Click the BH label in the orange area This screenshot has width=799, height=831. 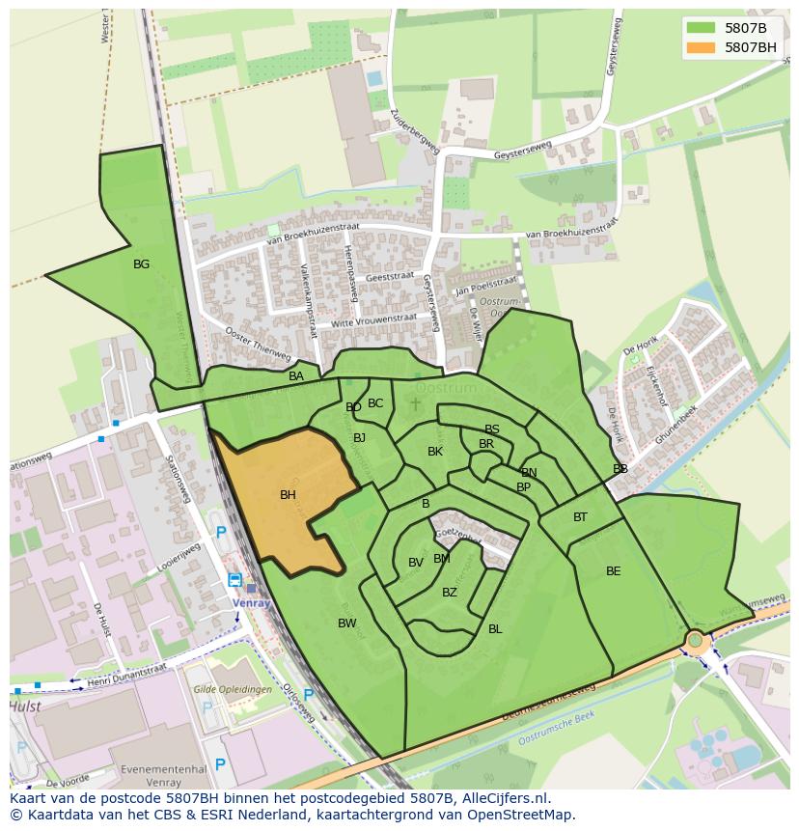pos(288,495)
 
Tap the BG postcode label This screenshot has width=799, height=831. pos(141,263)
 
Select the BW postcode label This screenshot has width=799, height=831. pos(347,623)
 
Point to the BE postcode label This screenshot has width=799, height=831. pos(614,571)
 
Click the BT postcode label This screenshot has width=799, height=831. pos(580,517)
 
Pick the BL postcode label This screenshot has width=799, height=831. pos(495,629)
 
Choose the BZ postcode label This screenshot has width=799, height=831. pos(450,593)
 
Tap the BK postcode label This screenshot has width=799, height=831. pos(435,452)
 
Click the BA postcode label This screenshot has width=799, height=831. pos(296,376)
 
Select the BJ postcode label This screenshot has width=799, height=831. pos(360,438)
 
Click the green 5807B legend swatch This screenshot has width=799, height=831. pos(701,27)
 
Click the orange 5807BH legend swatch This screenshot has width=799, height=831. pos(701,46)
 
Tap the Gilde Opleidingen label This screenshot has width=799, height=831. pos(232,690)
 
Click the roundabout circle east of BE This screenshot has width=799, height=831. pos(695,639)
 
